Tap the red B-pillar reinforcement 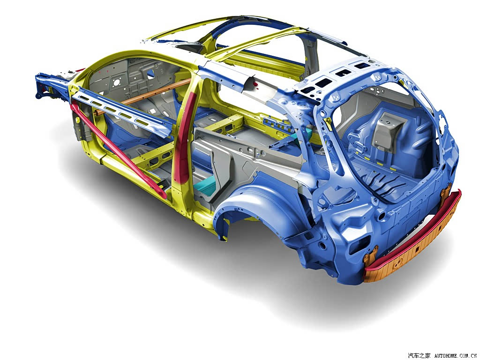(x=184, y=138)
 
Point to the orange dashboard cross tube (x=144, y=96)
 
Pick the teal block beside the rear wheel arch (x=206, y=187)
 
